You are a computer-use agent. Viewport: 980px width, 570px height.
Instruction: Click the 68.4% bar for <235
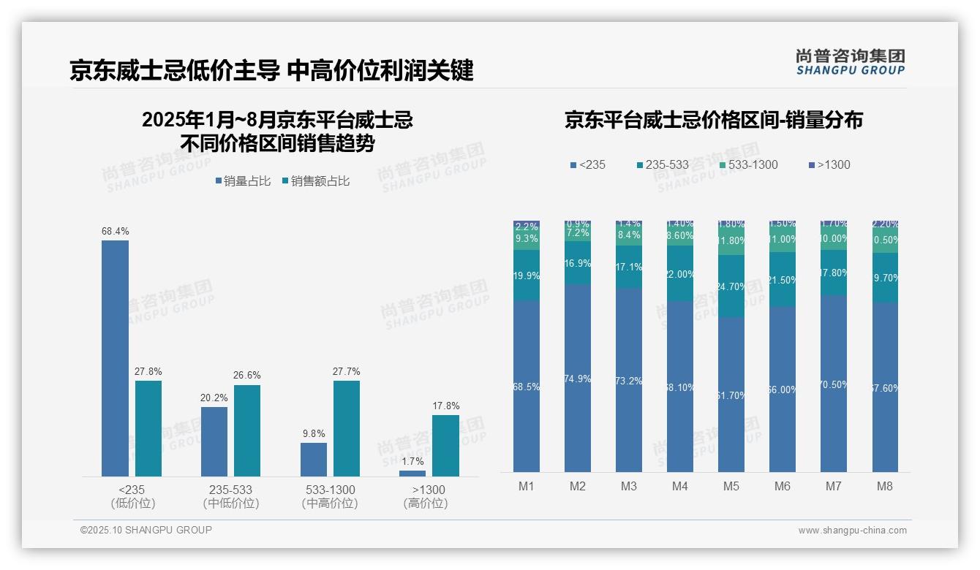click(115, 358)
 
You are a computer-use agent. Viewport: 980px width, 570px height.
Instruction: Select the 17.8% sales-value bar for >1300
click(445, 446)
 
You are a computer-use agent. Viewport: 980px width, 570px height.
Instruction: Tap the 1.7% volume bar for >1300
click(412, 474)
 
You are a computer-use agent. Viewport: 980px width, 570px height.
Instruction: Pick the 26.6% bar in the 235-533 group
click(247, 430)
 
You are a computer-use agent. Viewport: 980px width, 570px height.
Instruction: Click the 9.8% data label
click(314, 433)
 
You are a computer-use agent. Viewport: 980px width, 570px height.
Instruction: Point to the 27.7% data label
click(347, 371)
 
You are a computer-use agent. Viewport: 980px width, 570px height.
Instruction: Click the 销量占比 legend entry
click(244, 181)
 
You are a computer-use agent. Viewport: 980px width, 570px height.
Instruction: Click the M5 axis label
click(731, 486)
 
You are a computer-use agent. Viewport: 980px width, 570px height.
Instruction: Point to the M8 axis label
click(885, 486)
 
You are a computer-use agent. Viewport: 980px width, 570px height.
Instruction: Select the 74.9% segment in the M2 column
click(578, 379)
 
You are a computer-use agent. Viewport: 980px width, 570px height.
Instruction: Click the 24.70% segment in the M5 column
click(731, 286)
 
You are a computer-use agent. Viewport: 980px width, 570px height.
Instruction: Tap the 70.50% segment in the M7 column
click(834, 384)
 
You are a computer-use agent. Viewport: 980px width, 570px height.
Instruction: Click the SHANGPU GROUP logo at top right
click(851, 62)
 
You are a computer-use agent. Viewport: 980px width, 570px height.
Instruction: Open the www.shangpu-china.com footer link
click(852, 531)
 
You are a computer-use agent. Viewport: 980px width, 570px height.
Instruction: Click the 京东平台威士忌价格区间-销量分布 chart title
click(713, 120)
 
